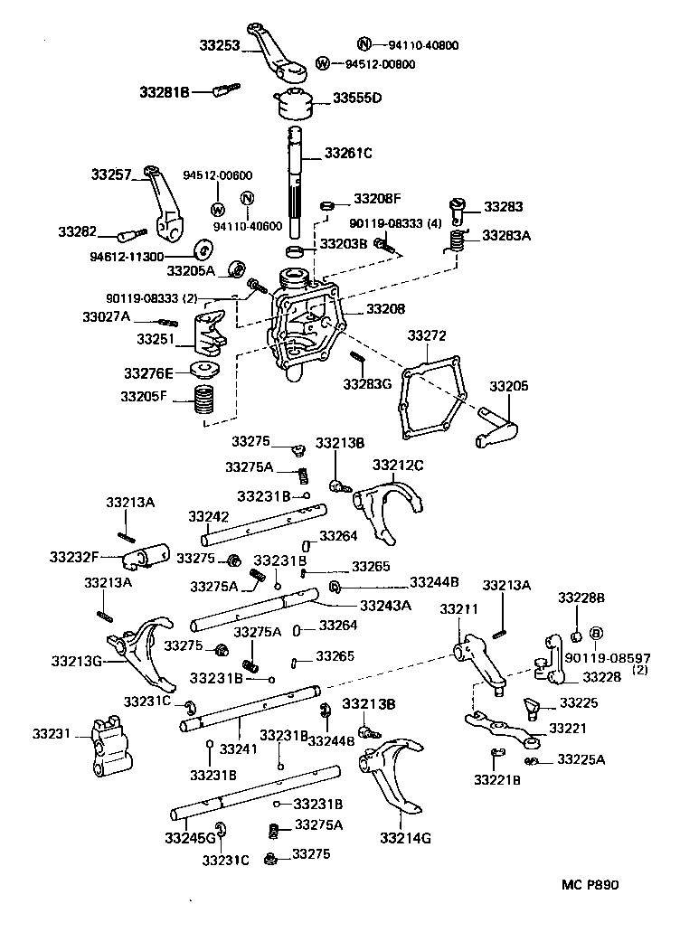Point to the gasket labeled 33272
431,399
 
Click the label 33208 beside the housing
385,309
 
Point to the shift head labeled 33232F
149,554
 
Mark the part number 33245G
190,838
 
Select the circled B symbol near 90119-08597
596,633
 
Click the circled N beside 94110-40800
364,44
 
